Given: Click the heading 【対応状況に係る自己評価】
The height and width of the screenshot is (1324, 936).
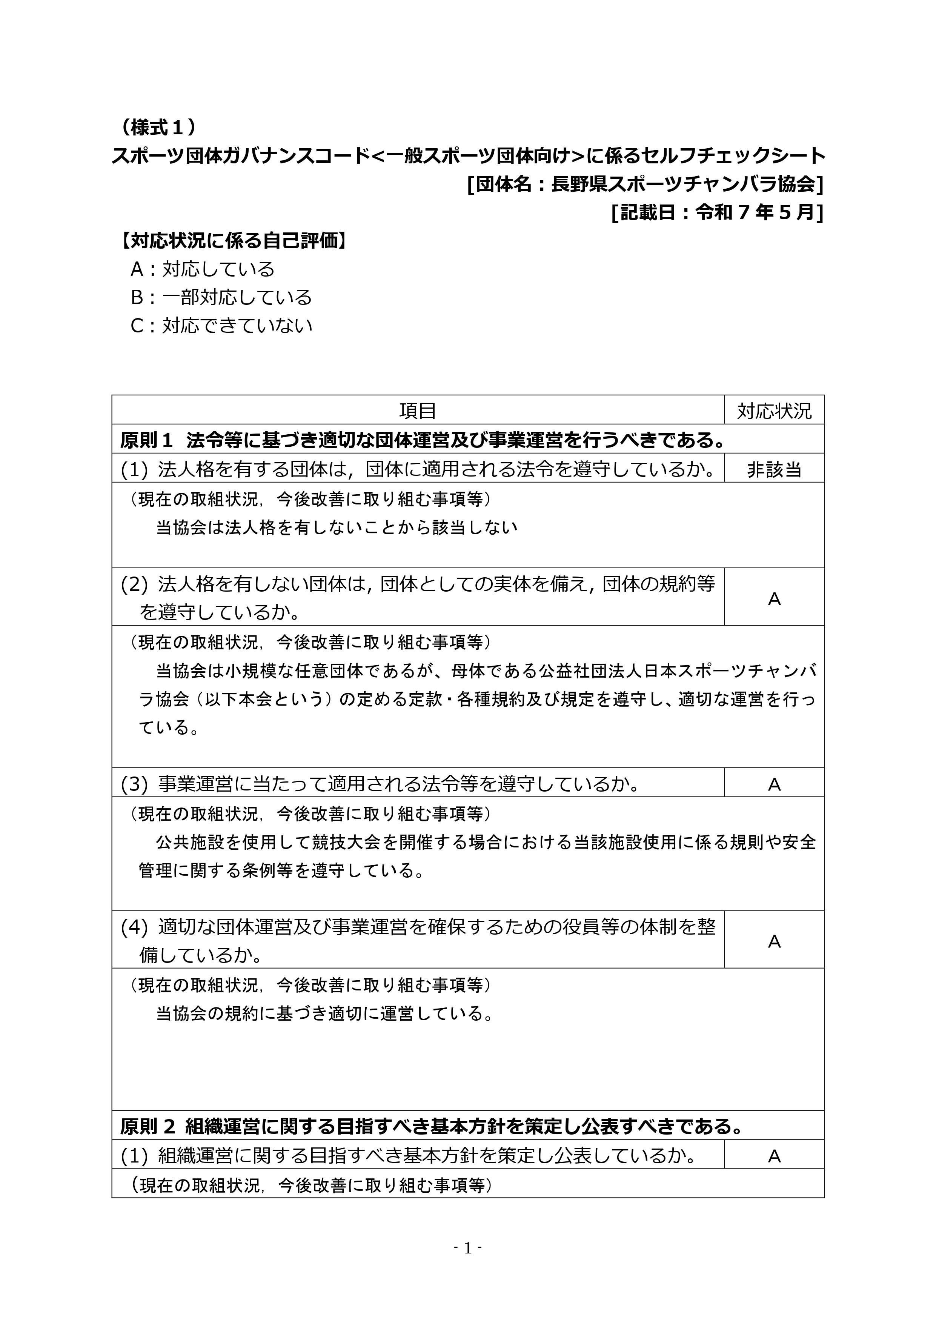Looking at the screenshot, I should (x=234, y=241).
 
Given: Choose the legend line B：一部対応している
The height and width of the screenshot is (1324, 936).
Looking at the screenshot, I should (x=221, y=298).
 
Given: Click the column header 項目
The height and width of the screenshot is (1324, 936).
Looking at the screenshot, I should (x=418, y=411).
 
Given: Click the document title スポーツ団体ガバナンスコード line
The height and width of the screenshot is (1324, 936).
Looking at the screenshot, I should (x=468, y=156).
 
